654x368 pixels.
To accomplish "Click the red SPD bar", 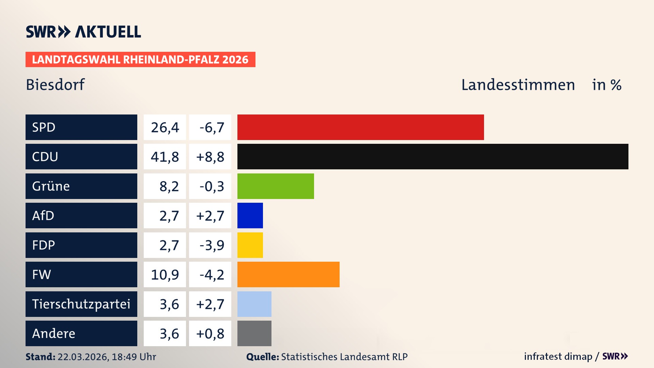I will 360,127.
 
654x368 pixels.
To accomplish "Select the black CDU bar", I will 433,157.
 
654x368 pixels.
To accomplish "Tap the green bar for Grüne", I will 276,186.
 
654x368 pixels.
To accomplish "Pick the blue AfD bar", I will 250,215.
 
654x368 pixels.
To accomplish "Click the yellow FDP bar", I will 250,245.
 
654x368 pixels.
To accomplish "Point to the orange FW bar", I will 288,274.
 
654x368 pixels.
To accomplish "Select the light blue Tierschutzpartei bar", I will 254,304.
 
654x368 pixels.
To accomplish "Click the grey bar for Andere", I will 254,333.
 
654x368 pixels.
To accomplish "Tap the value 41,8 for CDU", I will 165,157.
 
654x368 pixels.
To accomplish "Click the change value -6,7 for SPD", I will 211,127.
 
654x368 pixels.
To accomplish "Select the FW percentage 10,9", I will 165,275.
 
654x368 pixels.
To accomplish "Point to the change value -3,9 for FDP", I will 211,245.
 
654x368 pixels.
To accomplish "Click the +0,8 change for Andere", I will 210,334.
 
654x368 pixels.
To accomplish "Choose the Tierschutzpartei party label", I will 81,304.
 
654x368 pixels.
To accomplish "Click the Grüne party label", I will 51,186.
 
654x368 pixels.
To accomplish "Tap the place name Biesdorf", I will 55,85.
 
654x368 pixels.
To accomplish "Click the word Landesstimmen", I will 518,85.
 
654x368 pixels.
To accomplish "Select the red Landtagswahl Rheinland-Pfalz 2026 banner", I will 140,59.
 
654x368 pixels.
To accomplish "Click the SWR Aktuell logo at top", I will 83,32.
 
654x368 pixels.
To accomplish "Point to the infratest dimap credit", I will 558,356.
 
